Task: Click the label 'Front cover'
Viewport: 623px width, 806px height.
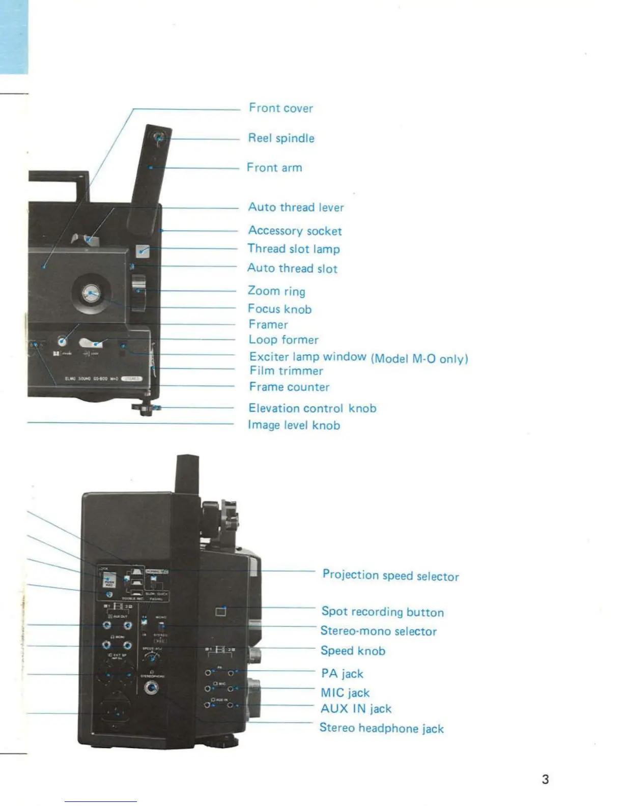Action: click(x=280, y=108)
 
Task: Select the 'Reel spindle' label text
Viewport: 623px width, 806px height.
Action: click(x=281, y=138)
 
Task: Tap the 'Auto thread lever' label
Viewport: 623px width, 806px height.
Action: click(x=296, y=207)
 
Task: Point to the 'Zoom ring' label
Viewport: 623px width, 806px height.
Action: click(x=276, y=291)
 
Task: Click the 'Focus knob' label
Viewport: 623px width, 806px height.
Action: click(x=279, y=309)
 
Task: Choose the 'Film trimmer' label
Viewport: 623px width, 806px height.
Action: click(x=286, y=371)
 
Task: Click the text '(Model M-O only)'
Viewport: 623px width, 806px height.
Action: click(x=419, y=359)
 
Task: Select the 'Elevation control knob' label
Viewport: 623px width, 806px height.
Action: click(x=312, y=408)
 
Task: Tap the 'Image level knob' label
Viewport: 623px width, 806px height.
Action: click(x=294, y=425)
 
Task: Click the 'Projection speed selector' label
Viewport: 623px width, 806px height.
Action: click(x=390, y=575)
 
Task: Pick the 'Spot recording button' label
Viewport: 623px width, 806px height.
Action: click(x=382, y=612)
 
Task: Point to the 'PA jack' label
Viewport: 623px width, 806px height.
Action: click(x=342, y=674)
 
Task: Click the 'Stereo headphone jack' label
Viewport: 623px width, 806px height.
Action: click(x=381, y=728)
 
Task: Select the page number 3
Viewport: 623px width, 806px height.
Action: click(x=545, y=779)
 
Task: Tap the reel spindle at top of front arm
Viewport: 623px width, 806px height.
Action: click(x=159, y=137)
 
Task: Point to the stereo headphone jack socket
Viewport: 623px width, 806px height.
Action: click(x=151, y=688)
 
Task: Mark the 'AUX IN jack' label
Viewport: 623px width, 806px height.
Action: click(x=356, y=709)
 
